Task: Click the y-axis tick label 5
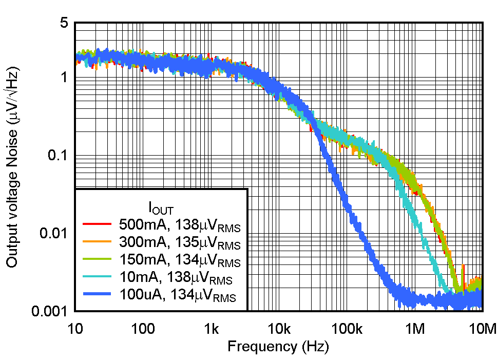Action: coord(63,24)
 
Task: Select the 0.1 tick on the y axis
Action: coord(57,156)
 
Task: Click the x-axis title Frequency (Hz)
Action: coord(278,347)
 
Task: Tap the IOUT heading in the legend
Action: coord(161,208)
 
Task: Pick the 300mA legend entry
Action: coord(180,242)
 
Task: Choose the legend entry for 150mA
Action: coord(180,260)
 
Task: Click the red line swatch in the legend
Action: coord(97,224)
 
